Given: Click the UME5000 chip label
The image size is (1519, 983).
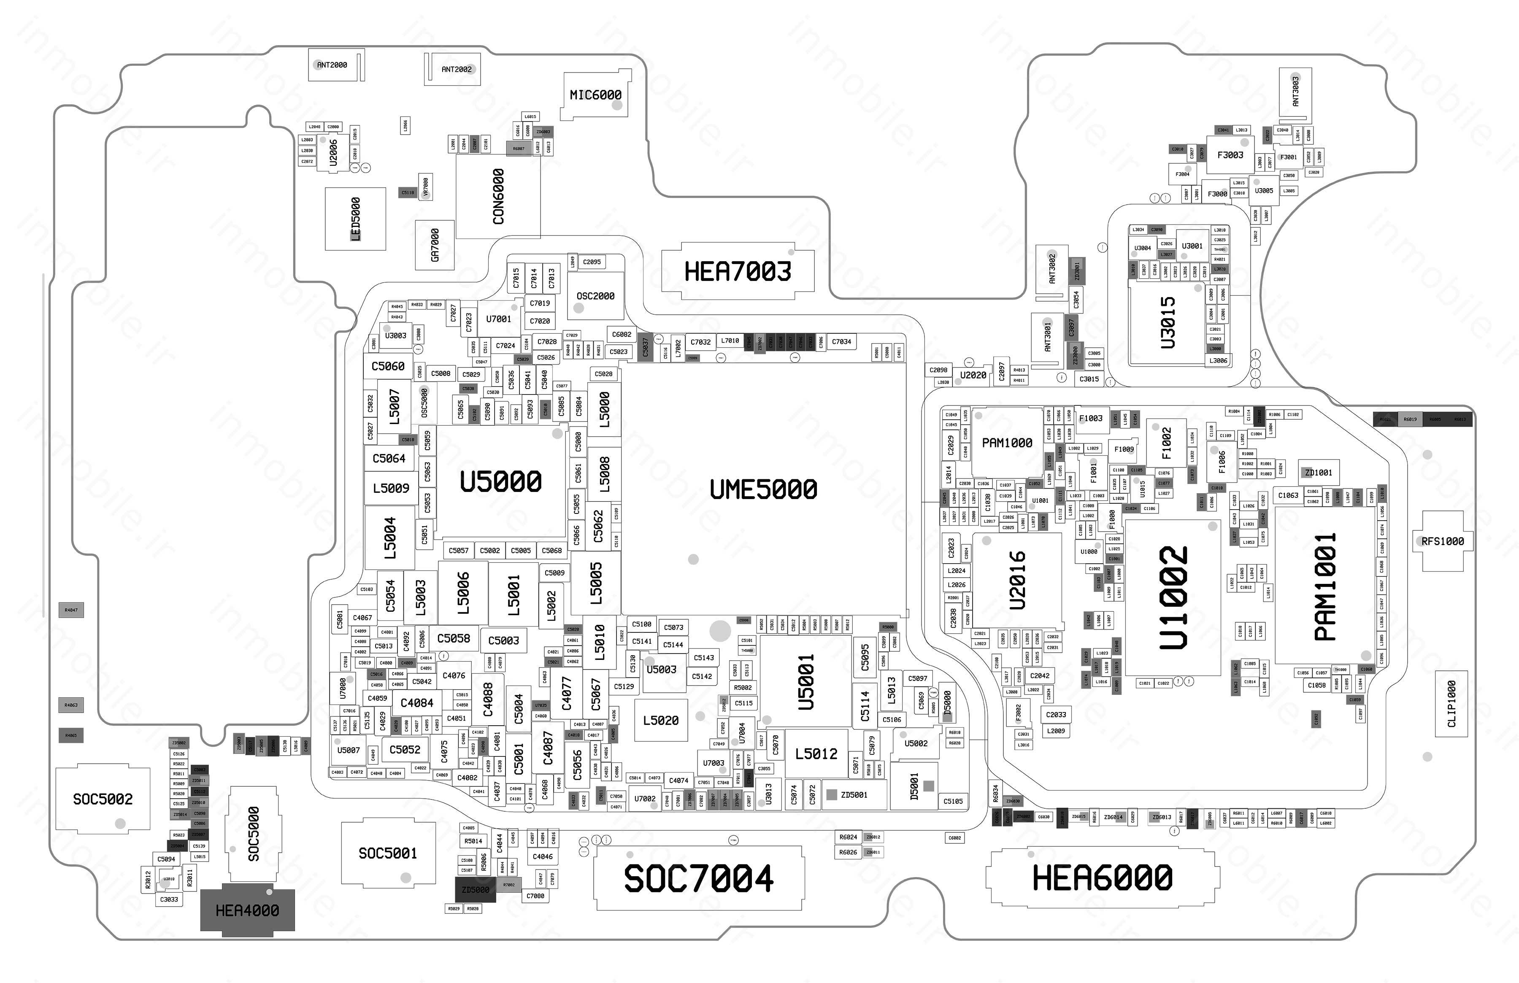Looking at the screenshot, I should pos(763,489).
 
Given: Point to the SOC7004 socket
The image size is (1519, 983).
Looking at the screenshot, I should pos(699,878).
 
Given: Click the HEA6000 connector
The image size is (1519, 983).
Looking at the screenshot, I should pos(1102,878).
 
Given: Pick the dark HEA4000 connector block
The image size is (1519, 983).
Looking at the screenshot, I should pos(248,910).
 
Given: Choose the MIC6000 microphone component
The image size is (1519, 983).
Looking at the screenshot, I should pos(595,95).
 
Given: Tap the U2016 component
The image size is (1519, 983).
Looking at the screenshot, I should pos(1017,580).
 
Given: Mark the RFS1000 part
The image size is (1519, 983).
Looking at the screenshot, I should pos(1442,541).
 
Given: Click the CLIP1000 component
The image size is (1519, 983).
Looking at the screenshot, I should pos(1451,703).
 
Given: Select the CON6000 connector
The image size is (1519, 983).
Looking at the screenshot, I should pos(498,196).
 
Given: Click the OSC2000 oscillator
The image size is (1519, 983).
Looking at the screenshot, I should pos(595,296).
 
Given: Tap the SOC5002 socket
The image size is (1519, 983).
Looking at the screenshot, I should pos(103,799).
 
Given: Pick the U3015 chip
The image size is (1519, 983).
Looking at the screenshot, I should pos(1168,322).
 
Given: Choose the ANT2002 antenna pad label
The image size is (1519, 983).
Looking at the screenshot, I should pos(457,69).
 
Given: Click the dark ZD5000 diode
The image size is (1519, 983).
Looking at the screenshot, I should pos(476,889).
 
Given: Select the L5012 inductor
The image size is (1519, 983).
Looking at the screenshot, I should pos(816,754).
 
